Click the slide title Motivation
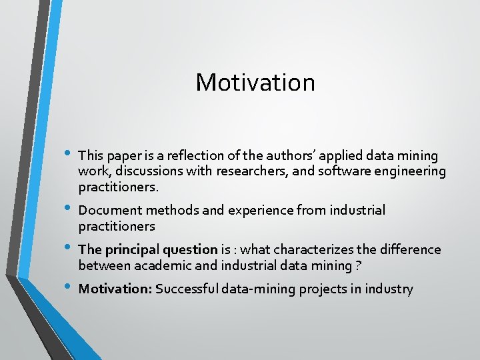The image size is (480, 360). (x=255, y=83)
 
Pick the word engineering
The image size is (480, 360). (x=409, y=172)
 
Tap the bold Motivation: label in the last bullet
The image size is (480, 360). (x=115, y=289)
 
